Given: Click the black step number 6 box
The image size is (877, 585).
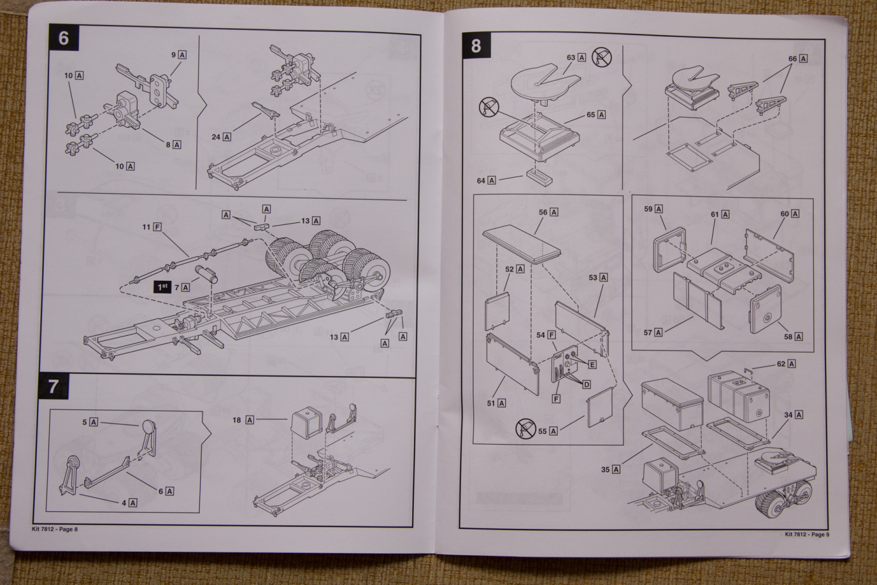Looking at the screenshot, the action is click(64, 39).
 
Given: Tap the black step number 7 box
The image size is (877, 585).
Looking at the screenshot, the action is click(53, 387).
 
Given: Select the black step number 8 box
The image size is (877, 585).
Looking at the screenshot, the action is click(476, 45).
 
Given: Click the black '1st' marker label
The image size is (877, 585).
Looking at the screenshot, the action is click(162, 287).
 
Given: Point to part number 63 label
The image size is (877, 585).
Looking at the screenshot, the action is click(576, 57).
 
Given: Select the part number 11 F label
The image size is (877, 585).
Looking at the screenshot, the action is click(151, 226).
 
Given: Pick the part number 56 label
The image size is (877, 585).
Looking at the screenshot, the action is click(548, 212).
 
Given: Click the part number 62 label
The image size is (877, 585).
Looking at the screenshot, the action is click(786, 364).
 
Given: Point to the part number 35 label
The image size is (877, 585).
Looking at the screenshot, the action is click(611, 469).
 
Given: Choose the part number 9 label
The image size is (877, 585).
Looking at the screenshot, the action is click(178, 54).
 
